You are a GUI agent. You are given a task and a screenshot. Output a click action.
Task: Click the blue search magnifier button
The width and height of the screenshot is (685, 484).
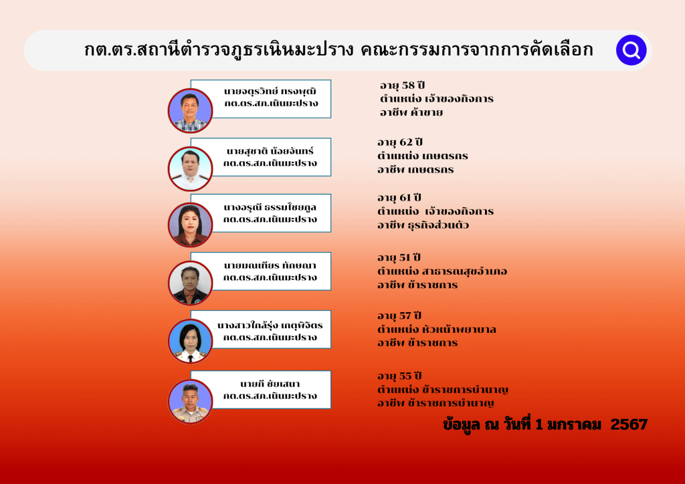coord(631,50)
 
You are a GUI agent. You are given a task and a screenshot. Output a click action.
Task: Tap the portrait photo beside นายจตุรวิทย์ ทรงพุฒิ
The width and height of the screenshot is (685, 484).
coord(190,110)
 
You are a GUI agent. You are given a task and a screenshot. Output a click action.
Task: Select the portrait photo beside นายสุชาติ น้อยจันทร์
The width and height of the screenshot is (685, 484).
coord(190,169)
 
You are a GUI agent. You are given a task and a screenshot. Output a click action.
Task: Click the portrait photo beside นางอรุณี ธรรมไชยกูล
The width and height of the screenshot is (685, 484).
coord(190,225)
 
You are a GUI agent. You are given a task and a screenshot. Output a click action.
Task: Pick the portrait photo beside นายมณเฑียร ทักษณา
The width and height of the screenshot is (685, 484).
coord(190,283)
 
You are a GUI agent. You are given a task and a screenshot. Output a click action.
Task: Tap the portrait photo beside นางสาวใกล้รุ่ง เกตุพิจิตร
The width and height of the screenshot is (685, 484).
coord(190,342)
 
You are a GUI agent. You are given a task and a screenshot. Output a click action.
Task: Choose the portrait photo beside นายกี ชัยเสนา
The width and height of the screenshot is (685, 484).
coord(190,402)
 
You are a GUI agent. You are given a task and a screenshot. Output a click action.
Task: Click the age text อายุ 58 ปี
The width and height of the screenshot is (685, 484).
coord(402,86)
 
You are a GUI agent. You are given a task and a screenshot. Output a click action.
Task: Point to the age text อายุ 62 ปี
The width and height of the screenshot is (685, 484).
coord(400,142)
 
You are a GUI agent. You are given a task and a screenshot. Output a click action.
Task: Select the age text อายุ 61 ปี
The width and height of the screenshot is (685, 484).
coord(399,198)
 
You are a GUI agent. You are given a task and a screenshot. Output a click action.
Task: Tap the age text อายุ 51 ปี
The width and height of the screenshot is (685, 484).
coord(399,258)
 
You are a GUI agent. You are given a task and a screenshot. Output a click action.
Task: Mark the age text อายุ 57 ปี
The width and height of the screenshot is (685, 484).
coord(399,316)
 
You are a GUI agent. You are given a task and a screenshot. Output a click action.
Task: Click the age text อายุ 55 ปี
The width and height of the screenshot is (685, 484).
coord(399,376)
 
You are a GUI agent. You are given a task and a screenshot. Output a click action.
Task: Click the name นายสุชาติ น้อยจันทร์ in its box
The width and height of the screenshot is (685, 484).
coord(270,152)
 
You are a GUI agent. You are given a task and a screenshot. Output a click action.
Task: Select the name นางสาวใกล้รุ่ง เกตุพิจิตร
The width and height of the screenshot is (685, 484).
coord(270,326)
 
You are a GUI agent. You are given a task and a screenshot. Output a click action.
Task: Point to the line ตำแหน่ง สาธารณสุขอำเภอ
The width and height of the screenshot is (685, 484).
coord(442,271)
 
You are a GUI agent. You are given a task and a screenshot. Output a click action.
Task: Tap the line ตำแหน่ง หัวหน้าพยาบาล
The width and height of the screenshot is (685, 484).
coord(437,330)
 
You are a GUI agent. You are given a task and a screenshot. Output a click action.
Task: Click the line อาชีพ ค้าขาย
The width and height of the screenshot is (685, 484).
coord(411,112)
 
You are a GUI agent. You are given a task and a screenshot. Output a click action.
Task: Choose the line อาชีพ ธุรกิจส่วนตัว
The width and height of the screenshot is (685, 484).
coord(423,225)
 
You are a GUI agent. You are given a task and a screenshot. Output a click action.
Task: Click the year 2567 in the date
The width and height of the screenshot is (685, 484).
coord(629,425)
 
